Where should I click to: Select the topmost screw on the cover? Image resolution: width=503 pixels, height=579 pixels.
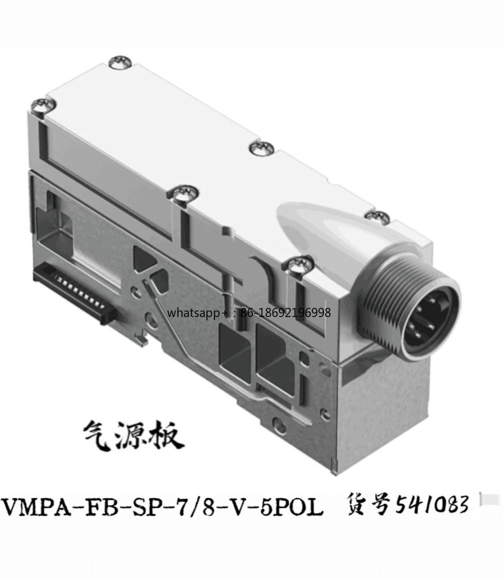(x=121, y=62)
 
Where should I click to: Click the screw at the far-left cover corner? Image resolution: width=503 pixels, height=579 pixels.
(x=43, y=106)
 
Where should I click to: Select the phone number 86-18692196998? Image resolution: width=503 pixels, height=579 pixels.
(x=286, y=312)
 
